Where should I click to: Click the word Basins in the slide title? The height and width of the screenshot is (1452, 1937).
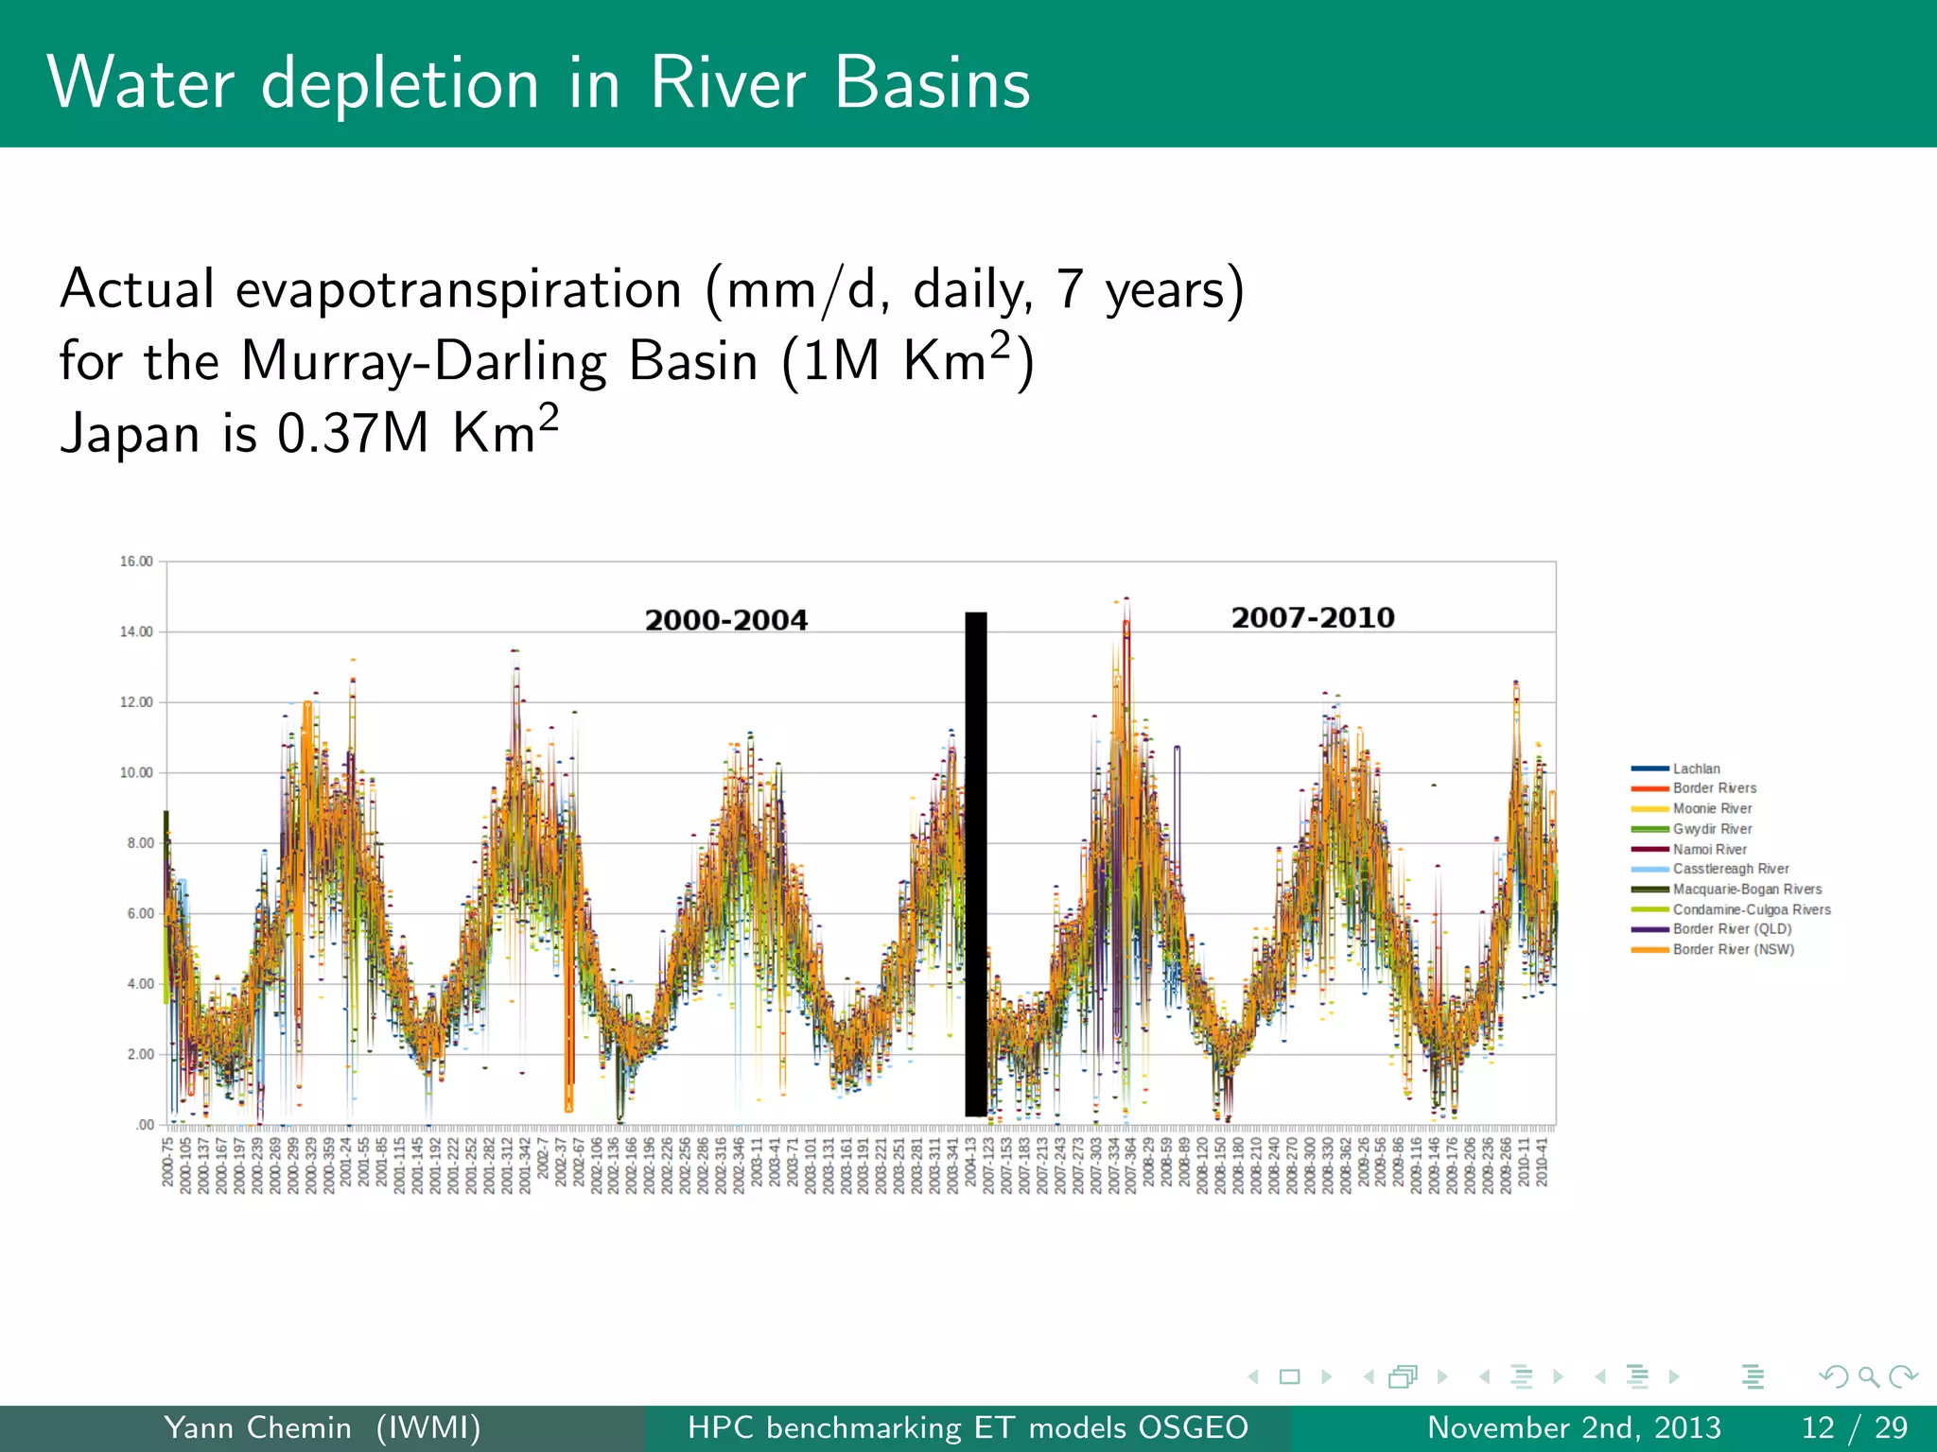pyautogui.click(x=932, y=83)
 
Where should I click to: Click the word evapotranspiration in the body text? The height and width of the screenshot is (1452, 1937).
pyautogui.click(x=459, y=288)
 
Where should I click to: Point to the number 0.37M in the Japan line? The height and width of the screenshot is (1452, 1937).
pyautogui.click(x=353, y=434)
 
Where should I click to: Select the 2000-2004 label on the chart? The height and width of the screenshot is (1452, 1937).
pyautogui.click(x=725, y=620)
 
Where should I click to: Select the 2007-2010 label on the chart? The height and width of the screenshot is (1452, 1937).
pyautogui.click(x=1312, y=617)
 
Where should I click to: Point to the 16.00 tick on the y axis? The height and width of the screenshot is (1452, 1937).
pyautogui.click(x=136, y=562)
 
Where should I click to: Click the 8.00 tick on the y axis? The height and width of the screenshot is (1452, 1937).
pyautogui.click(x=140, y=843)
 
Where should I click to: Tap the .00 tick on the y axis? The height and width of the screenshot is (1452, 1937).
pyautogui.click(x=144, y=1125)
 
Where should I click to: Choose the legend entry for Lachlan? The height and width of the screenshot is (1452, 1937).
pyautogui.click(x=1696, y=769)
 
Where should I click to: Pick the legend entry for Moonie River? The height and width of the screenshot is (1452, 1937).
pyautogui.click(x=1712, y=808)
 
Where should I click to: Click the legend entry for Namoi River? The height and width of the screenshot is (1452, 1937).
pyautogui.click(x=1709, y=849)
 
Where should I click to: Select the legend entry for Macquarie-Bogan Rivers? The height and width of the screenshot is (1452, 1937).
pyautogui.click(x=1746, y=889)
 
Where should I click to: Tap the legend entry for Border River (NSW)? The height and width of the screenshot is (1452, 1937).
pyautogui.click(x=1733, y=949)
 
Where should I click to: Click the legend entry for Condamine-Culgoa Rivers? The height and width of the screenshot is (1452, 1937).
pyautogui.click(x=1751, y=909)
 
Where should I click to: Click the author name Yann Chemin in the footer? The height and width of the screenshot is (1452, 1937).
pyautogui.click(x=257, y=1427)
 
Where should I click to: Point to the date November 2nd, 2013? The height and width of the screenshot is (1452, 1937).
pyautogui.click(x=1574, y=1427)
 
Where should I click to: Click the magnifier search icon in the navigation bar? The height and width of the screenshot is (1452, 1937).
pyautogui.click(x=1868, y=1376)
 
